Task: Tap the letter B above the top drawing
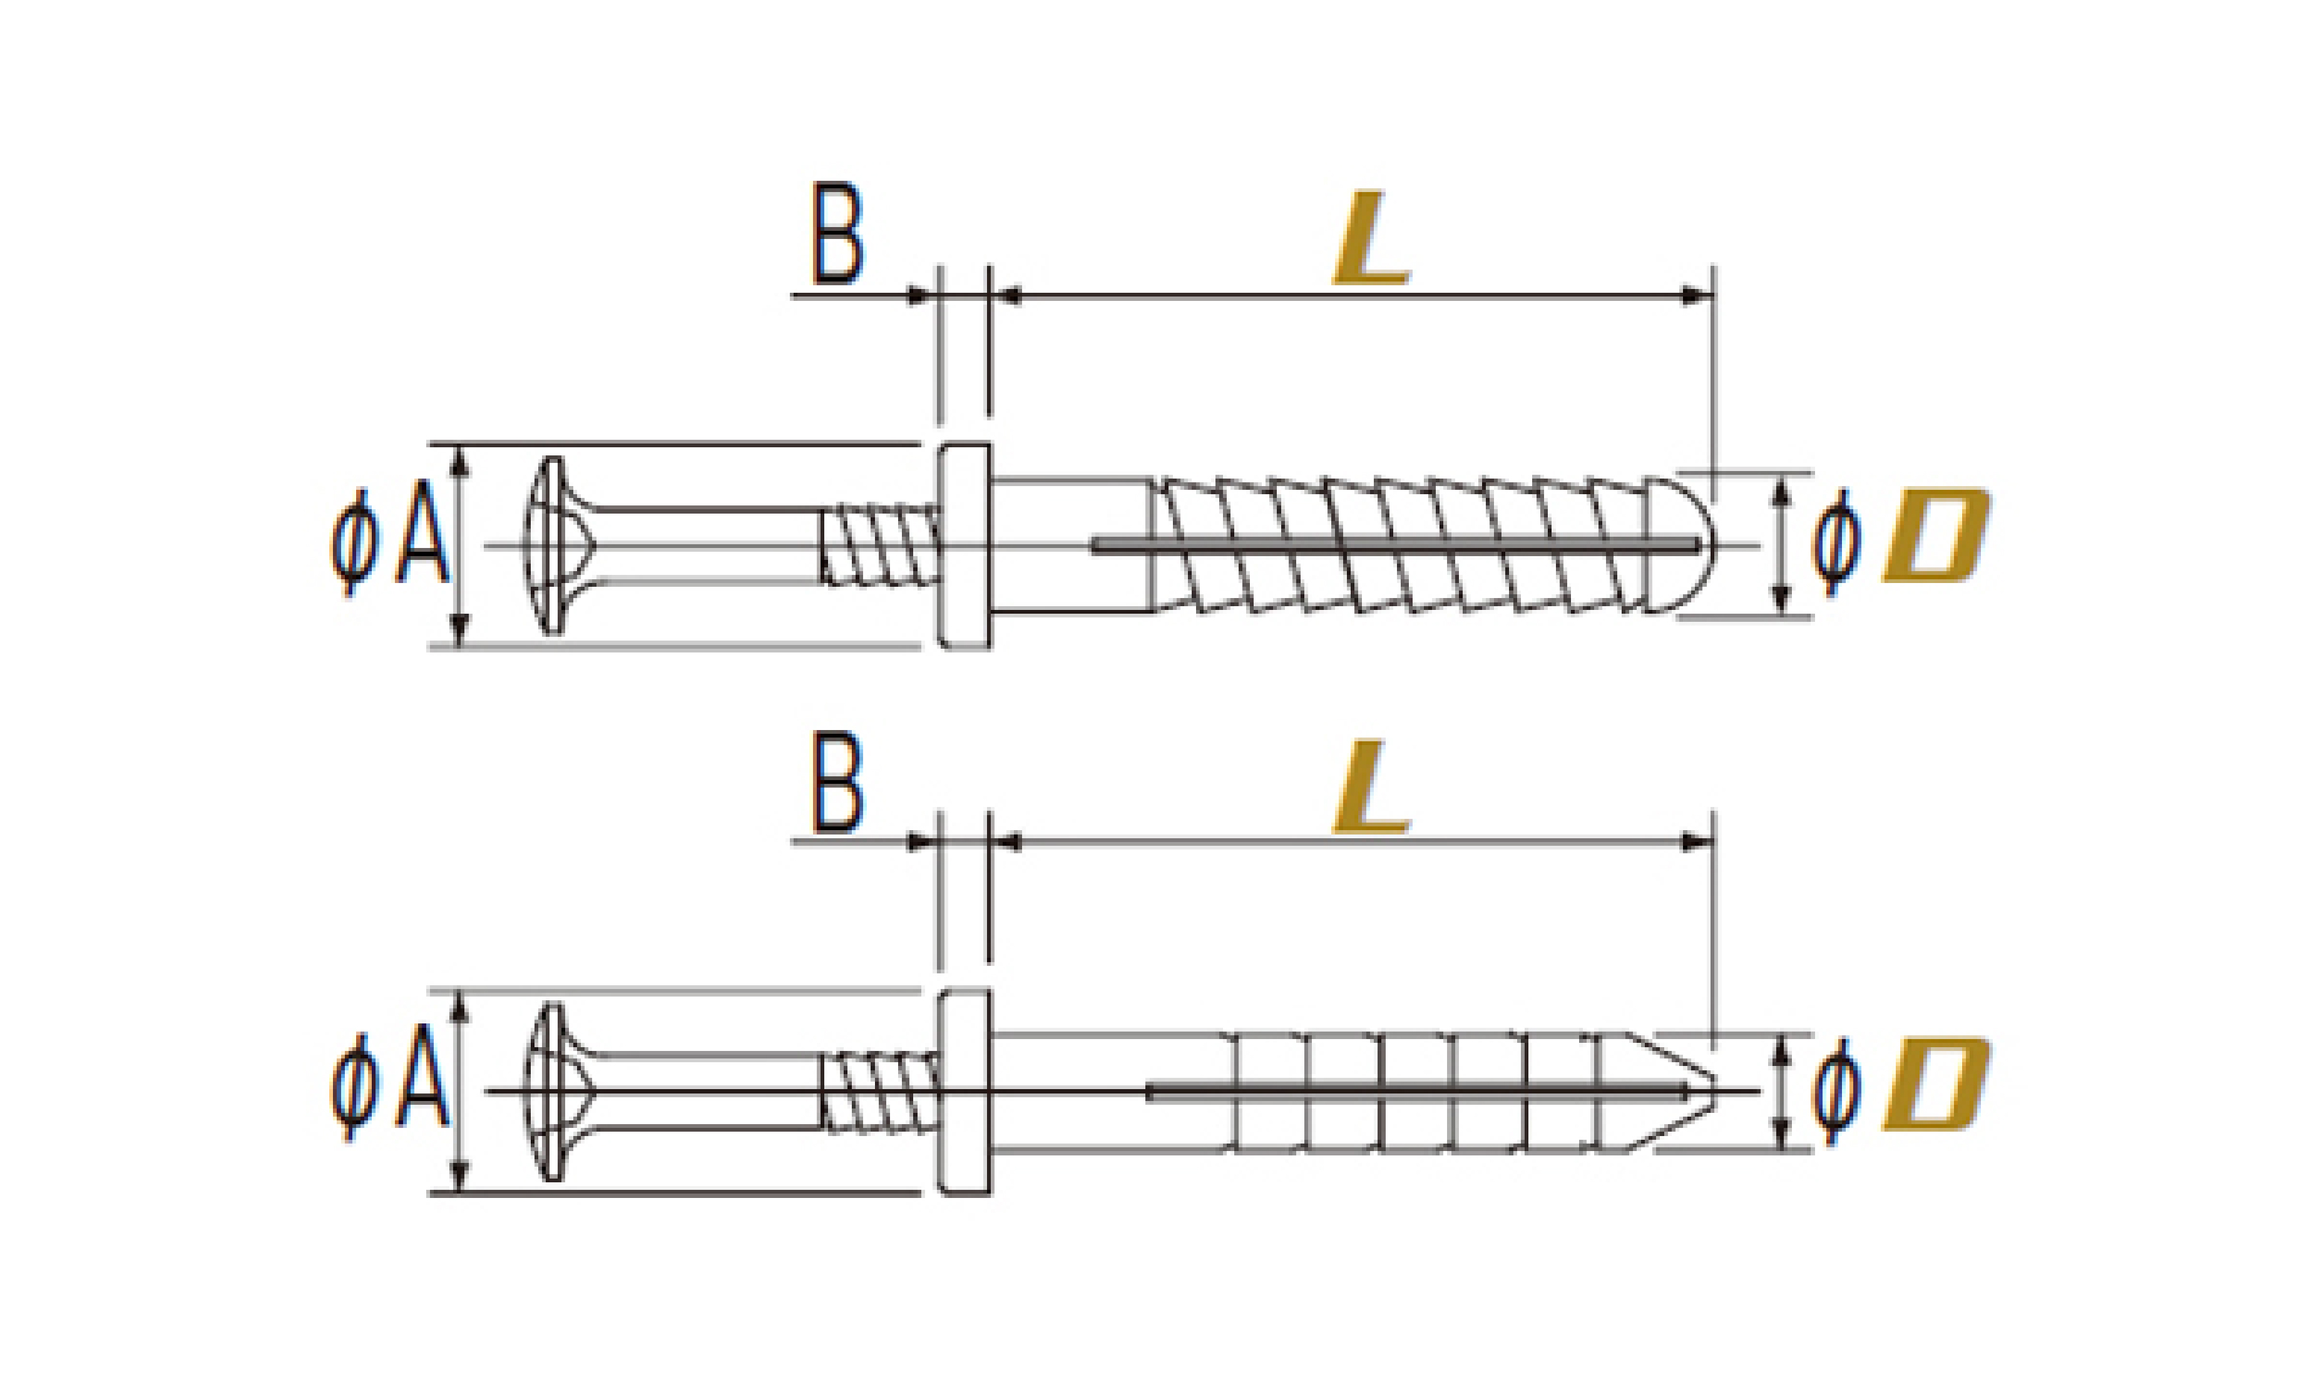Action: [x=837, y=233]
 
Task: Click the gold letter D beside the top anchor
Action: [x=1935, y=537]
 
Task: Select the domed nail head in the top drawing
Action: [x=550, y=545]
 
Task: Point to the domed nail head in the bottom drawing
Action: [x=550, y=1092]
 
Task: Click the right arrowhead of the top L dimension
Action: [x=1698, y=297]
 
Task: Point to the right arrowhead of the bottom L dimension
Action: [x=1698, y=842]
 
